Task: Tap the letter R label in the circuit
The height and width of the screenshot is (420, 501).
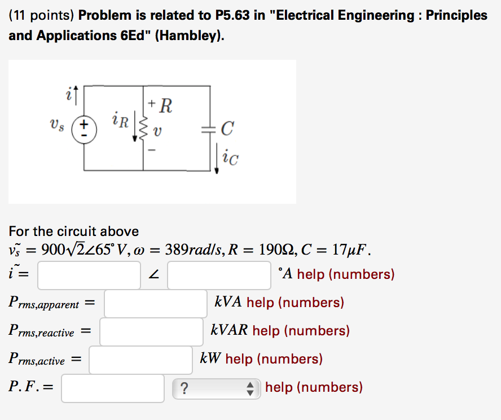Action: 166,105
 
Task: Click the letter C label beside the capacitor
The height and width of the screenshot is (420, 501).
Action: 226,130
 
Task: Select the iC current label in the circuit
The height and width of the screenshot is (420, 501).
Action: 230,160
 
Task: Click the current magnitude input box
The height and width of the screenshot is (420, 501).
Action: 89,275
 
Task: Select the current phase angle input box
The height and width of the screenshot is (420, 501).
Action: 219,275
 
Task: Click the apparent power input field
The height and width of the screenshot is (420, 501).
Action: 155,303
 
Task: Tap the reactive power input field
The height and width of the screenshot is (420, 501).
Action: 151,331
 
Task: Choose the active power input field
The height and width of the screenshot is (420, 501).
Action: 140,360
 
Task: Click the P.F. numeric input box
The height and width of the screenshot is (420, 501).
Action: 113,388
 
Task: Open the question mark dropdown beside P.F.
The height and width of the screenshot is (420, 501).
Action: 217,388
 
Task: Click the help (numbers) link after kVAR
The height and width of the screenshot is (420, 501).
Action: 301,331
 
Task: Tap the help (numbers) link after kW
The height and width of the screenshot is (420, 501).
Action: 274,359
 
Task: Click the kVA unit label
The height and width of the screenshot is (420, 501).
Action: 228,303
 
